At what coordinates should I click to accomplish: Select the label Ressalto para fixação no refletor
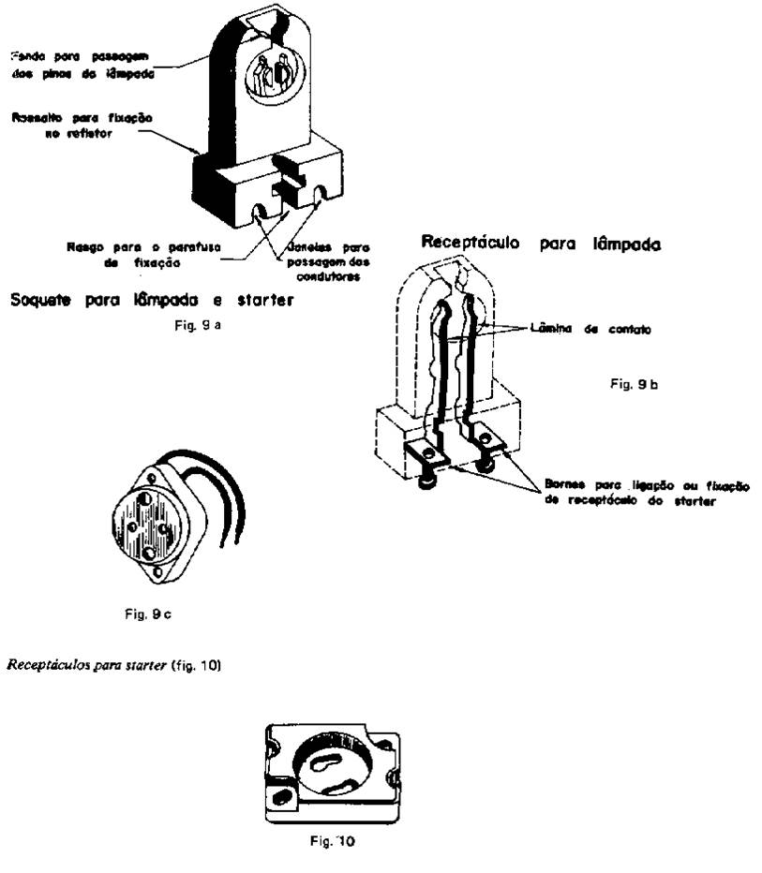pyautogui.click(x=81, y=126)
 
